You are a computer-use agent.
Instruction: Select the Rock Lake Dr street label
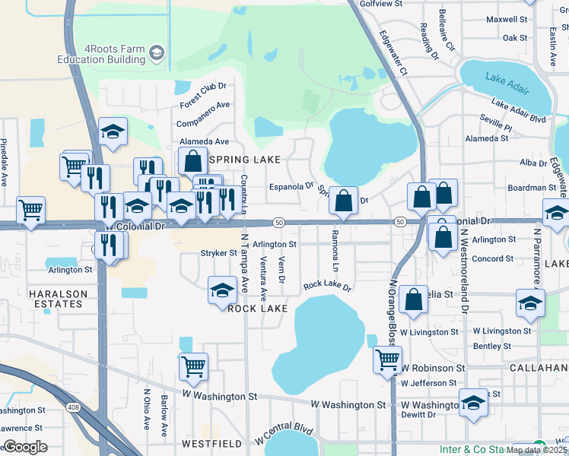pos(327,286)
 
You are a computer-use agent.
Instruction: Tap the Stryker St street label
pos(214,253)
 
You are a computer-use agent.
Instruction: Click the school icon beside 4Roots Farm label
pos(157,52)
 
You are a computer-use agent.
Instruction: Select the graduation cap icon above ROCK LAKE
pos(222,289)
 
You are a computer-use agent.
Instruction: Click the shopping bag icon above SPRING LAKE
pos(193,160)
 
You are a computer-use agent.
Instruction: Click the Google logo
pos(25,447)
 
